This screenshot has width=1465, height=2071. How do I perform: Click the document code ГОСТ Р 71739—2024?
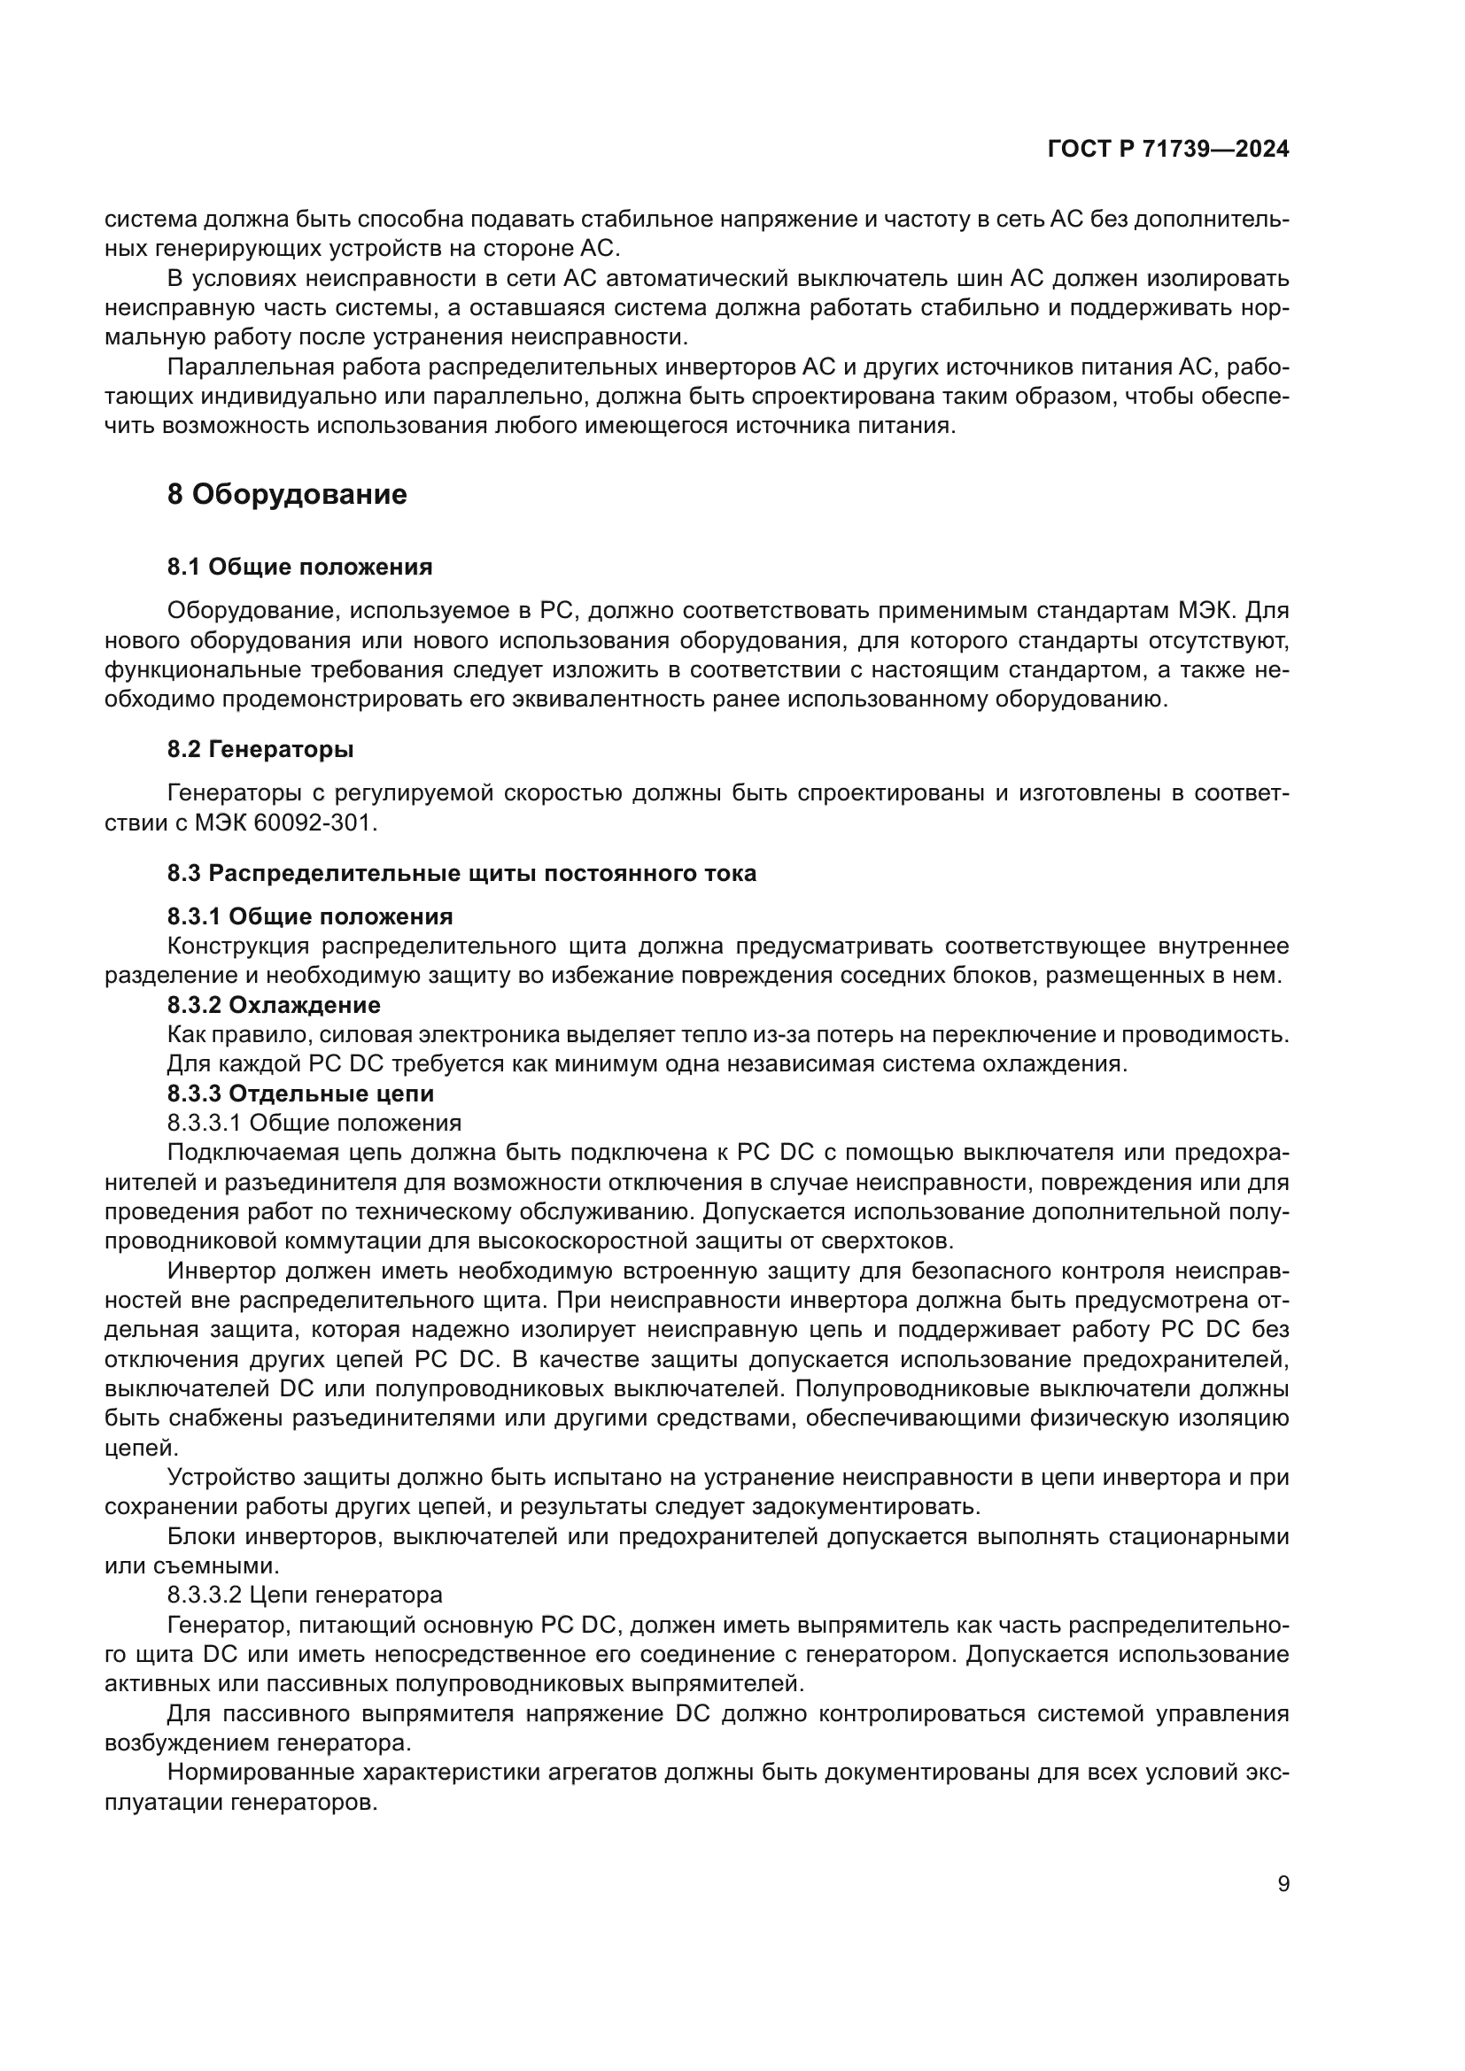pyautogui.click(x=1168, y=150)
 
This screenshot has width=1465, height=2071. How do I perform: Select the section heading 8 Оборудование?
pyautogui.click(x=287, y=494)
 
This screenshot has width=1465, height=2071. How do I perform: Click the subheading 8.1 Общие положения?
pyautogui.click(x=299, y=567)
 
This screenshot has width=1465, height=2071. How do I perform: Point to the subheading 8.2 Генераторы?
pyautogui.click(x=260, y=749)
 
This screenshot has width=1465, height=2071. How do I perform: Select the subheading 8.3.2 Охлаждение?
pyautogui.click(x=274, y=1004)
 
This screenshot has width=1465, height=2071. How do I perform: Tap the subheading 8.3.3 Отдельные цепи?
pyautogui.click(x=300, y=1093)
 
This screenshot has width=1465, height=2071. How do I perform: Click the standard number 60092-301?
pyautogui.click(x=314, y=823)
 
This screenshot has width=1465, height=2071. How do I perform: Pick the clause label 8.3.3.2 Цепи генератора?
pyautogui.click(x=305, y=1595)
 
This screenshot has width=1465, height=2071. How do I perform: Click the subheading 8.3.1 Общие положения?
pyautogui.click(x=309, y=916)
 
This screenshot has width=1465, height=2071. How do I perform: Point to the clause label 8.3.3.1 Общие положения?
pyautogui.click(x=314, y=1123)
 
